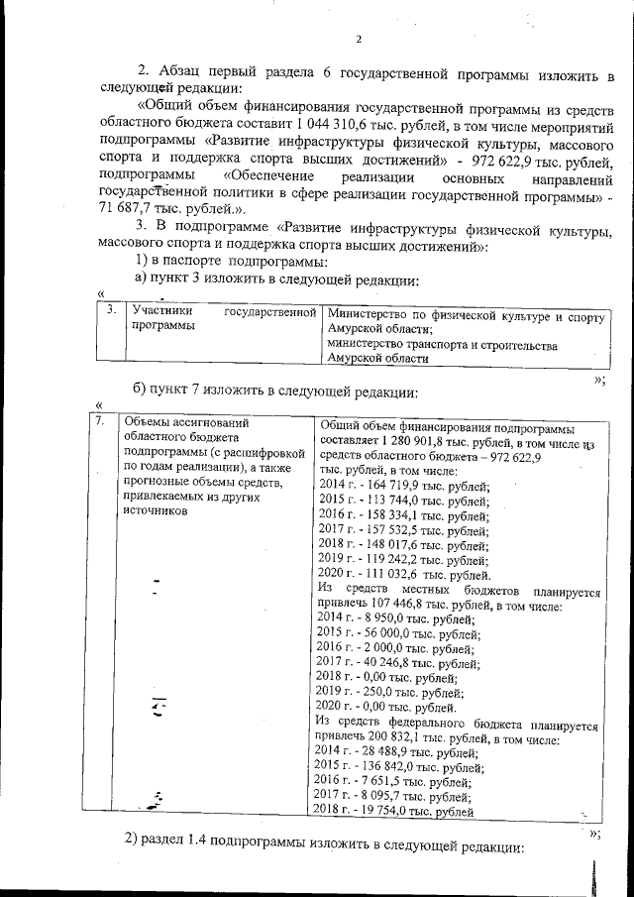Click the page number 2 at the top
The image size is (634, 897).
click(361, 40)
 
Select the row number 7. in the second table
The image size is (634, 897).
click(99, 421)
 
